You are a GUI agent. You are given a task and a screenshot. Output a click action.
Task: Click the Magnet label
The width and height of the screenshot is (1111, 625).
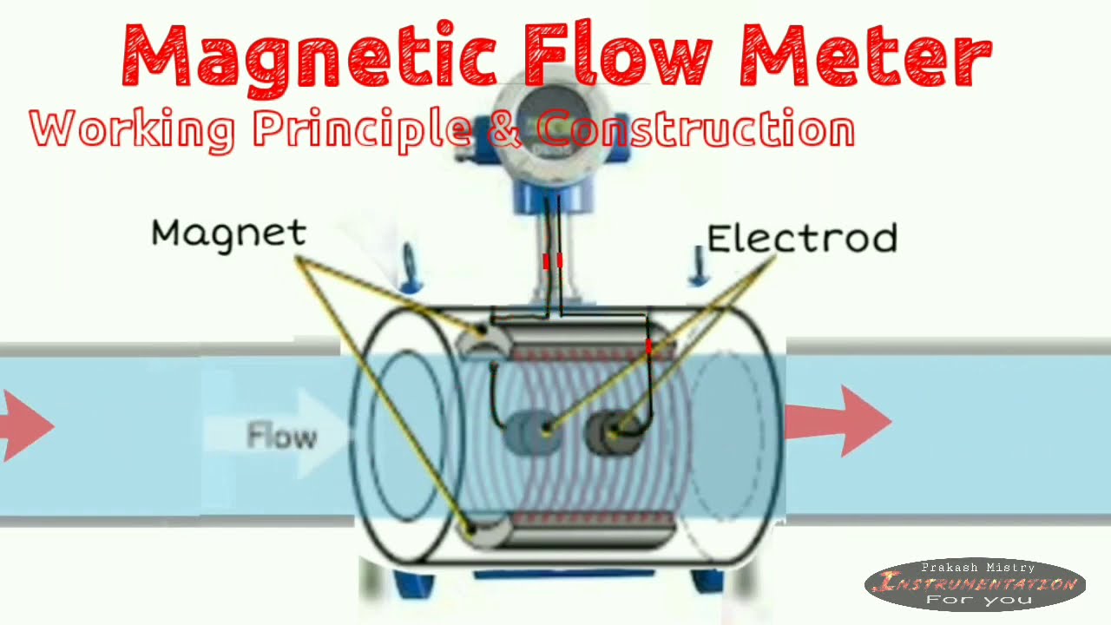click(228, 233)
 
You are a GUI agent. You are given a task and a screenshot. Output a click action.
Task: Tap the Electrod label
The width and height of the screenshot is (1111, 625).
click(801, 238)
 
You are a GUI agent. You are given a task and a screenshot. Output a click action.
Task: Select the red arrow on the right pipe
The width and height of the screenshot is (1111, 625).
click(838, 421)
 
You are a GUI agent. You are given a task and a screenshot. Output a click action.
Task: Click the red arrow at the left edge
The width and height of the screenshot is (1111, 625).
click(26, 425)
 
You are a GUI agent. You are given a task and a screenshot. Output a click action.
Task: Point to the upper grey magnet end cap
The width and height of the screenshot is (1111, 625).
click(479, 339)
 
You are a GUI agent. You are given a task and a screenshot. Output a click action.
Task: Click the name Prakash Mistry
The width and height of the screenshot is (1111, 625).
click(978, 568)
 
